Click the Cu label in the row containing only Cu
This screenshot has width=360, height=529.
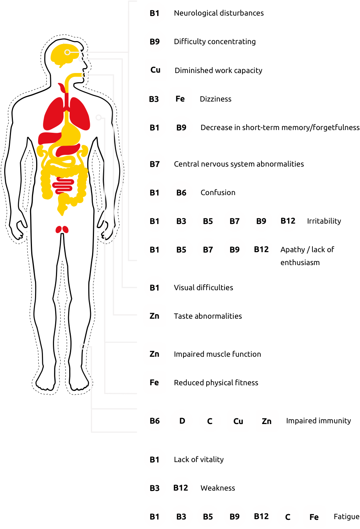[x=155, y=70]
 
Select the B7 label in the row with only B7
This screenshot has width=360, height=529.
[x=155, y=164]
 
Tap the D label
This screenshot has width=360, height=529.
[x=182, y=421]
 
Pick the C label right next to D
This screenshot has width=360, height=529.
[x=210, y=421]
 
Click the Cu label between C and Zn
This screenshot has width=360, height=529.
[x=238, y=421]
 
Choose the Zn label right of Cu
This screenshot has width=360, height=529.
[x=267, y=421]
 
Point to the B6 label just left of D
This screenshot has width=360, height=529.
[x=155, y=421]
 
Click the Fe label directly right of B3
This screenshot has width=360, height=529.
[x=180, y=99]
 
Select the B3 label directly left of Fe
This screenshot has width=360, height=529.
[x=154, y=99]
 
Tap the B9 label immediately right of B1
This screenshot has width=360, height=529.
[x=181, y=128]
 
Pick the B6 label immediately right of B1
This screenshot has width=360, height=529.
[x=181, y=193]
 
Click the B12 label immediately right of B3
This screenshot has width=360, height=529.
[x=181, y=488]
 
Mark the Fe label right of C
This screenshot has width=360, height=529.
[x=314, y=517]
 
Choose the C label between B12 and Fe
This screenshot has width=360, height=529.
[x=288, y=517]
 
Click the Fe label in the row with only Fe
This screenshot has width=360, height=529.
[x=154, y=383]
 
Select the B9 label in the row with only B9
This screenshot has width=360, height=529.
[x=155, y=42]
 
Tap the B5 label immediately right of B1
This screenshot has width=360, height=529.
[x=181, y=250]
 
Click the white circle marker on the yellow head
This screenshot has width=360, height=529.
[x=67, y=52]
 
